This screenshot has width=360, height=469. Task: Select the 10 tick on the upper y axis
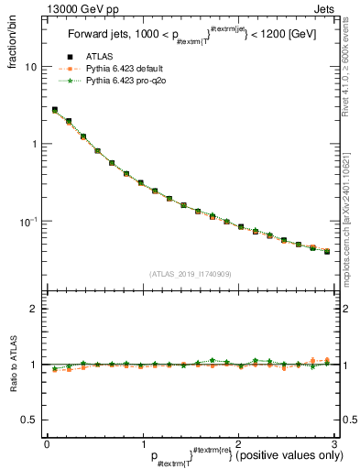(30, 67)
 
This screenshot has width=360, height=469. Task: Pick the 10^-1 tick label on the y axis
(27, 222)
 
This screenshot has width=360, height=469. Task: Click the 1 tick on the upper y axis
(33, 145)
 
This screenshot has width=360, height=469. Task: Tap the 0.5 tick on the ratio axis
(28, 420)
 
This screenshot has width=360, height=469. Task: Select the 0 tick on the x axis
(47, 444)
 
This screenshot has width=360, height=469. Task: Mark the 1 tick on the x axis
(142, 444)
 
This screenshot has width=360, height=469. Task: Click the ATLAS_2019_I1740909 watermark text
(190, 274)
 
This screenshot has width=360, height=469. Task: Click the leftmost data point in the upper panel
(54, 110)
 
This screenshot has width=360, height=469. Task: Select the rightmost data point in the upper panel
(326, 250)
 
